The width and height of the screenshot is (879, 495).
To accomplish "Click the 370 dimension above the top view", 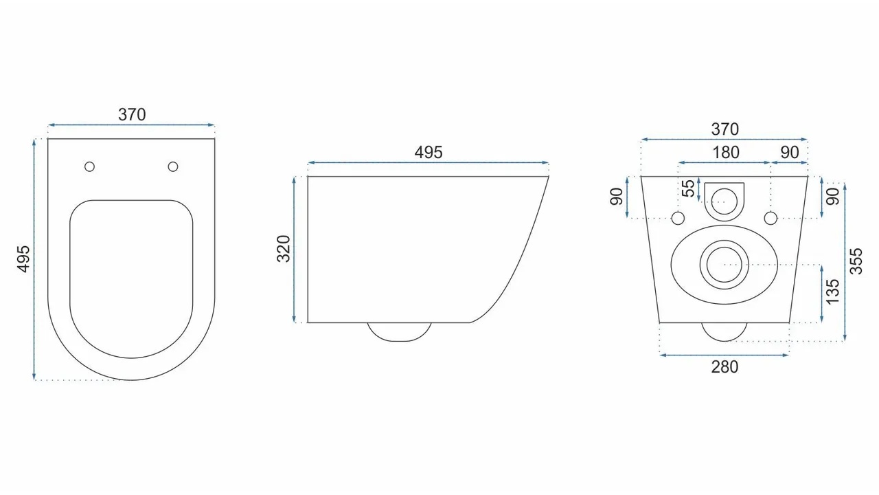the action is (x=132, y=115).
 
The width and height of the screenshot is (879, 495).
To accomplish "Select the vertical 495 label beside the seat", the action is (x=24, y=259).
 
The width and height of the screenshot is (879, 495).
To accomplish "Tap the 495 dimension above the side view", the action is (x=429, y=153).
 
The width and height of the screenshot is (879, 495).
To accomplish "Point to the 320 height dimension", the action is (x=284, y=249).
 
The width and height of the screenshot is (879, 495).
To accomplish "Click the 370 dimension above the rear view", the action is (x=724, y=129).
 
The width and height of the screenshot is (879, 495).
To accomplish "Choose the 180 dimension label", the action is (x=726, y=153).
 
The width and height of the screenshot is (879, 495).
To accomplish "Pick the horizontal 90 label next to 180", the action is (x=790, y=153).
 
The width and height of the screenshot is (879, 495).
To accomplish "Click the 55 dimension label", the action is (x=688, y=188).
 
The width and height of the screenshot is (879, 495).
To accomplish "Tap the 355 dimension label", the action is (x=856, y=261).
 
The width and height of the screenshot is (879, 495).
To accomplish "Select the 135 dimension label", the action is (x=833, y=292).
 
